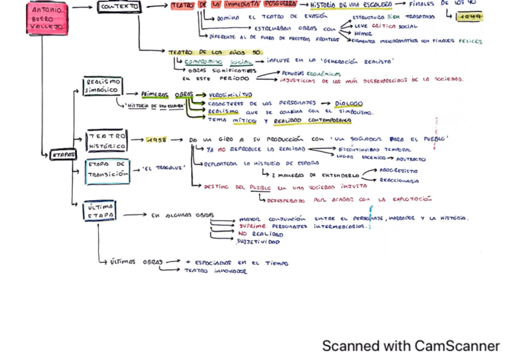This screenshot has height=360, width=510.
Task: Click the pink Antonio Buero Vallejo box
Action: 46,17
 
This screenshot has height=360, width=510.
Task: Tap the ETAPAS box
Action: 62,154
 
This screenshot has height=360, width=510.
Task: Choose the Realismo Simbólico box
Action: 103,86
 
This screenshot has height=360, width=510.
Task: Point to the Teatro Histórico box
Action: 106,141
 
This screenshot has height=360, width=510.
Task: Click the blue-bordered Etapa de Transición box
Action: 107,171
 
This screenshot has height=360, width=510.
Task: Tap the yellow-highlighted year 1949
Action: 469,18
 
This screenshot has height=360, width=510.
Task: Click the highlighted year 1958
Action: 156,139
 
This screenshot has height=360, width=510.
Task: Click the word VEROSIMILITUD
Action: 230,95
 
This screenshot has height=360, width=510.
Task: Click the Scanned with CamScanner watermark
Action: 410,346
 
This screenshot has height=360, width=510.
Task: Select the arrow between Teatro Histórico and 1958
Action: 137,139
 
